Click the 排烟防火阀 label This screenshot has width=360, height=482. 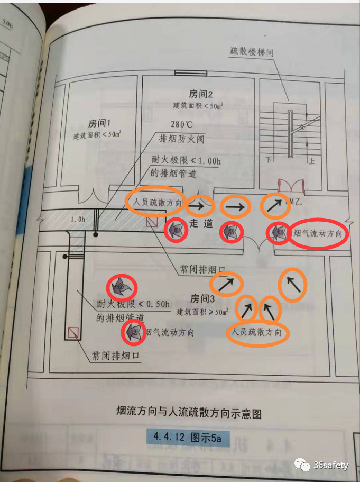point(181,139)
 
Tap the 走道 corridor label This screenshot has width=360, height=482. point(201,223)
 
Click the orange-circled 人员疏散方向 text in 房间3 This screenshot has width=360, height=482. point(259,333)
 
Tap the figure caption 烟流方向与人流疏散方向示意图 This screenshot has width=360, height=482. point(189,413)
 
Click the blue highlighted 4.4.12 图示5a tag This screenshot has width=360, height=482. point(189,437)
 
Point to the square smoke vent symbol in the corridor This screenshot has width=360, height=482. point(152,223)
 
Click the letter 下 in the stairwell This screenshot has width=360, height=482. point(268,159)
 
